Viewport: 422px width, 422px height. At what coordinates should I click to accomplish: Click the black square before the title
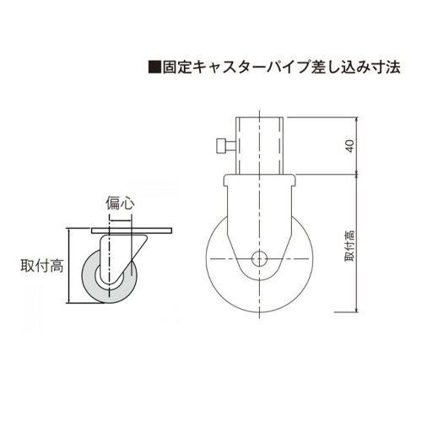coord(154,67)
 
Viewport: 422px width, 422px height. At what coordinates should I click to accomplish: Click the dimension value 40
coord(349,146)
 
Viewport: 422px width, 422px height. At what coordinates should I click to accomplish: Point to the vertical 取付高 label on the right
coord(349,246)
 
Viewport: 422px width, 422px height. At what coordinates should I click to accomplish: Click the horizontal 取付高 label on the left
coord(42,266)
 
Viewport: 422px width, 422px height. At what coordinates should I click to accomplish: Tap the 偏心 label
coord(120,203)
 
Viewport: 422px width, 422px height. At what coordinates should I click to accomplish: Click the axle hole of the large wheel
coord(259,258)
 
